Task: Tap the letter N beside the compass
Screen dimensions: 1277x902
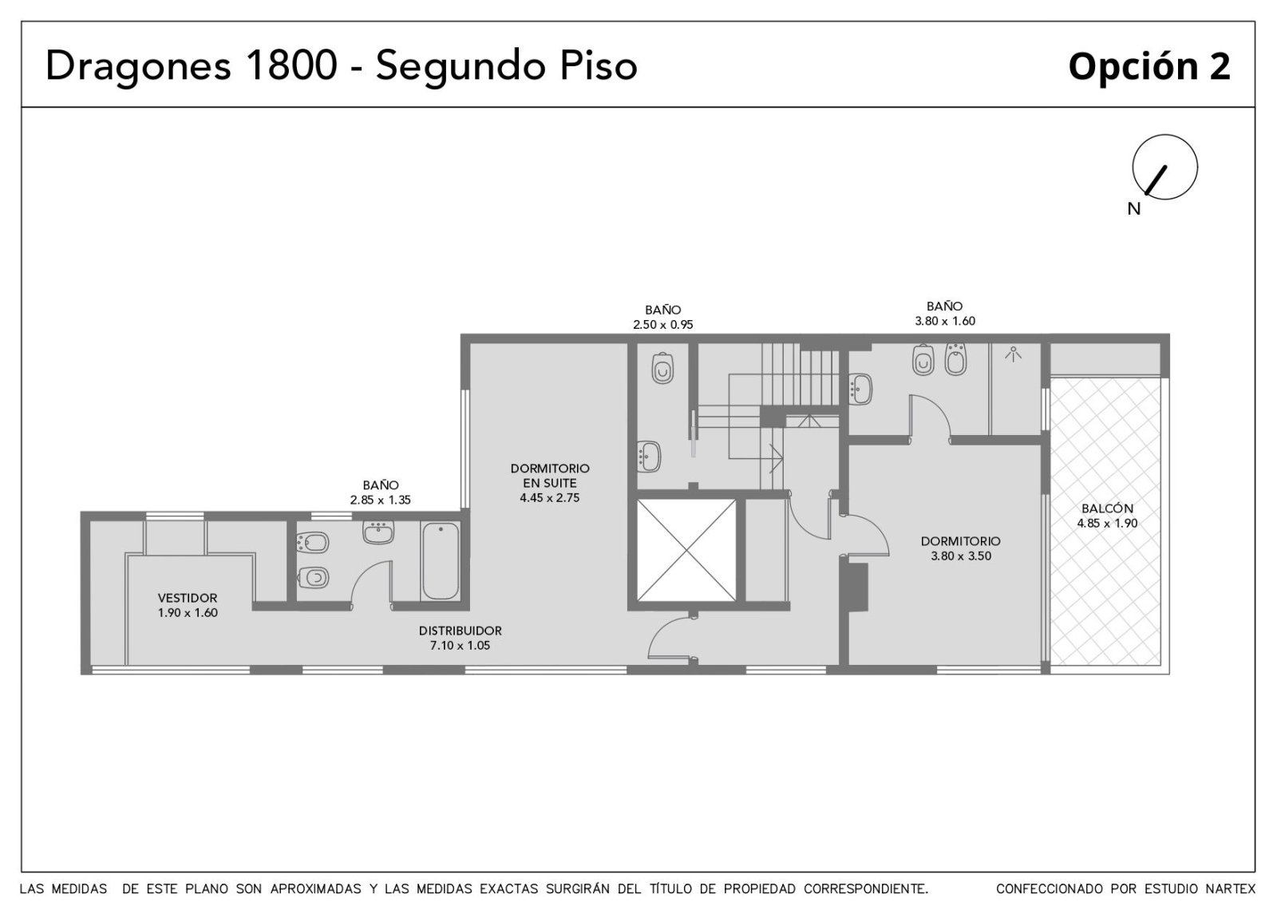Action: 1134,209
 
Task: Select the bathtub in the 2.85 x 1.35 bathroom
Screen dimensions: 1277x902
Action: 441,561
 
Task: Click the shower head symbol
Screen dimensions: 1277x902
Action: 1013,354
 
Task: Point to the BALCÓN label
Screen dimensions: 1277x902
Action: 1107,508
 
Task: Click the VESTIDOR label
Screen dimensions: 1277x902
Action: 188,598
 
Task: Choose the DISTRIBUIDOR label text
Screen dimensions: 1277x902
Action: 460,631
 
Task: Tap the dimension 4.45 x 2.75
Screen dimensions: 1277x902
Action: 550,498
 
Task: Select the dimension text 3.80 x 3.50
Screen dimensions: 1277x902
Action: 961,556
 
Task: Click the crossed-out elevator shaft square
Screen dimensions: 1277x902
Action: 686,550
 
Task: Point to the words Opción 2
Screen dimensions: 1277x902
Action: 1149,67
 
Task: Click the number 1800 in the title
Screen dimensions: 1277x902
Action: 292,65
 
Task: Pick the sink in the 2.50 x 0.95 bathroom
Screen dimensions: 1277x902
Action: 649,457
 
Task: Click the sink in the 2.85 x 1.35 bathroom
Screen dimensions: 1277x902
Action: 378,532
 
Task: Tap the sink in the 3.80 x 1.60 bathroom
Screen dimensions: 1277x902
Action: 860,389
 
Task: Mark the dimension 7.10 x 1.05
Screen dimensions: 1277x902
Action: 460,646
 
